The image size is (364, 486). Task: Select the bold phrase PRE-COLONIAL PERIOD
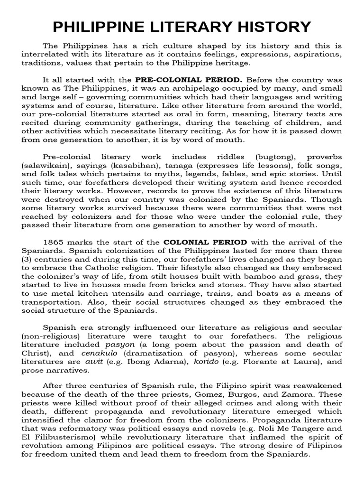[x=189, y=79]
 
